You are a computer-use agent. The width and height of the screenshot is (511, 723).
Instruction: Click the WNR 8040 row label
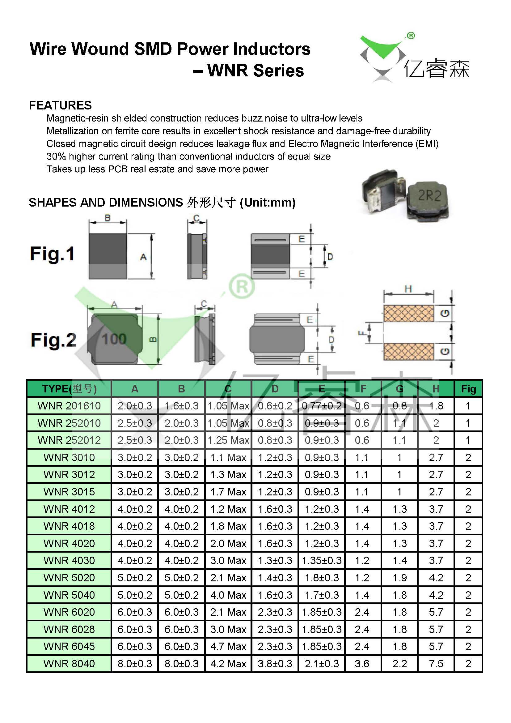coord(69,664)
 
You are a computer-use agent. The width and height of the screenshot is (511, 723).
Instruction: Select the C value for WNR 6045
coord(228,646)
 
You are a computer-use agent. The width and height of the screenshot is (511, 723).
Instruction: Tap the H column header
coord(436,389)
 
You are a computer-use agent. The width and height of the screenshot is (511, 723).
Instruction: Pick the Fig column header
coord(468,389)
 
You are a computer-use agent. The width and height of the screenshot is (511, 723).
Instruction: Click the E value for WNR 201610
coord(322,406)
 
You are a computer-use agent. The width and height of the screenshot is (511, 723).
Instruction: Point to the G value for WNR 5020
coord(399,578)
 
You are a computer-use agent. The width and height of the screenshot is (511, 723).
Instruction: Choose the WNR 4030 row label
coord(69,560)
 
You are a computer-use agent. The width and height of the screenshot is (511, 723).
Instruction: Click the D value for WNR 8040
coord(275,664)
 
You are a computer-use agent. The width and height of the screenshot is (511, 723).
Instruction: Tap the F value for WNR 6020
coord(362,612)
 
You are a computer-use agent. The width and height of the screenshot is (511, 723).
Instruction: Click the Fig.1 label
coord(52,254)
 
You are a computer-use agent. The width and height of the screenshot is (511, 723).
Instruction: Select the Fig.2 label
coord(53,340)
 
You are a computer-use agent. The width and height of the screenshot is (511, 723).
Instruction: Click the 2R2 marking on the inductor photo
coord(429,195)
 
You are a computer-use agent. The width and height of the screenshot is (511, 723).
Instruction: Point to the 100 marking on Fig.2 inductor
coord(114,339)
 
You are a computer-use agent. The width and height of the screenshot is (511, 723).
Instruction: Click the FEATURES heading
coord(60,105)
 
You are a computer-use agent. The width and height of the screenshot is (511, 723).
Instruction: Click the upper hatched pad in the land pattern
coord(408,313)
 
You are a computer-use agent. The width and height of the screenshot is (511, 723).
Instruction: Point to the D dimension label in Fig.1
coord(330,257)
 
